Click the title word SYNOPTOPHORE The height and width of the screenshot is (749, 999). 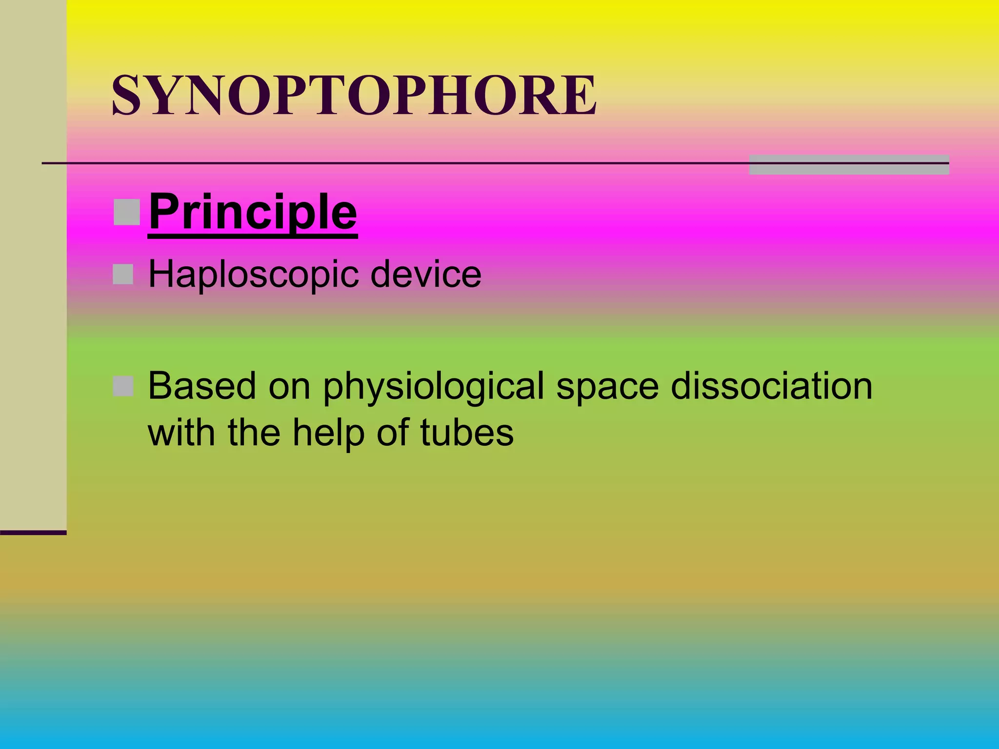click(x=354, y=96)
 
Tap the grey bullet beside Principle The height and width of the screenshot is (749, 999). click(x=127, y=212)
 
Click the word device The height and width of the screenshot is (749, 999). click(x=425, y=274)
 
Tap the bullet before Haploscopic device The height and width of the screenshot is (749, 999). click(x=123, y=275)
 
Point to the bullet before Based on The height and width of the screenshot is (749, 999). click(x=123, y=387)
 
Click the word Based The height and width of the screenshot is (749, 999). click(x=202, y=386)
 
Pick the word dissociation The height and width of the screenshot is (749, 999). click(x=771, y=386)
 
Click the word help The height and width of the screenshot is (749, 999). click(x=328, y=433)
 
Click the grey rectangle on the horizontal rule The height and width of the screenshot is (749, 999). click(x=849, y=165)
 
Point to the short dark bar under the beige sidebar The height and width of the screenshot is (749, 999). click(x=33, y=532)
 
